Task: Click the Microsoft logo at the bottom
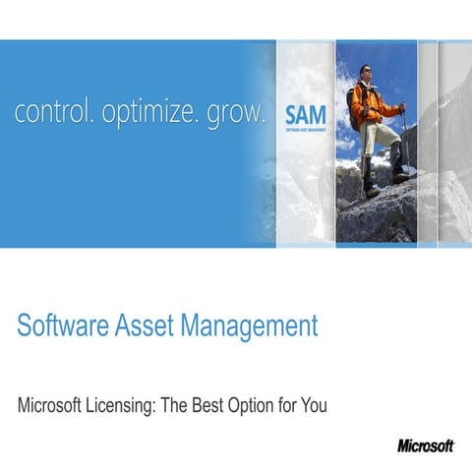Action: (426, 445)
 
